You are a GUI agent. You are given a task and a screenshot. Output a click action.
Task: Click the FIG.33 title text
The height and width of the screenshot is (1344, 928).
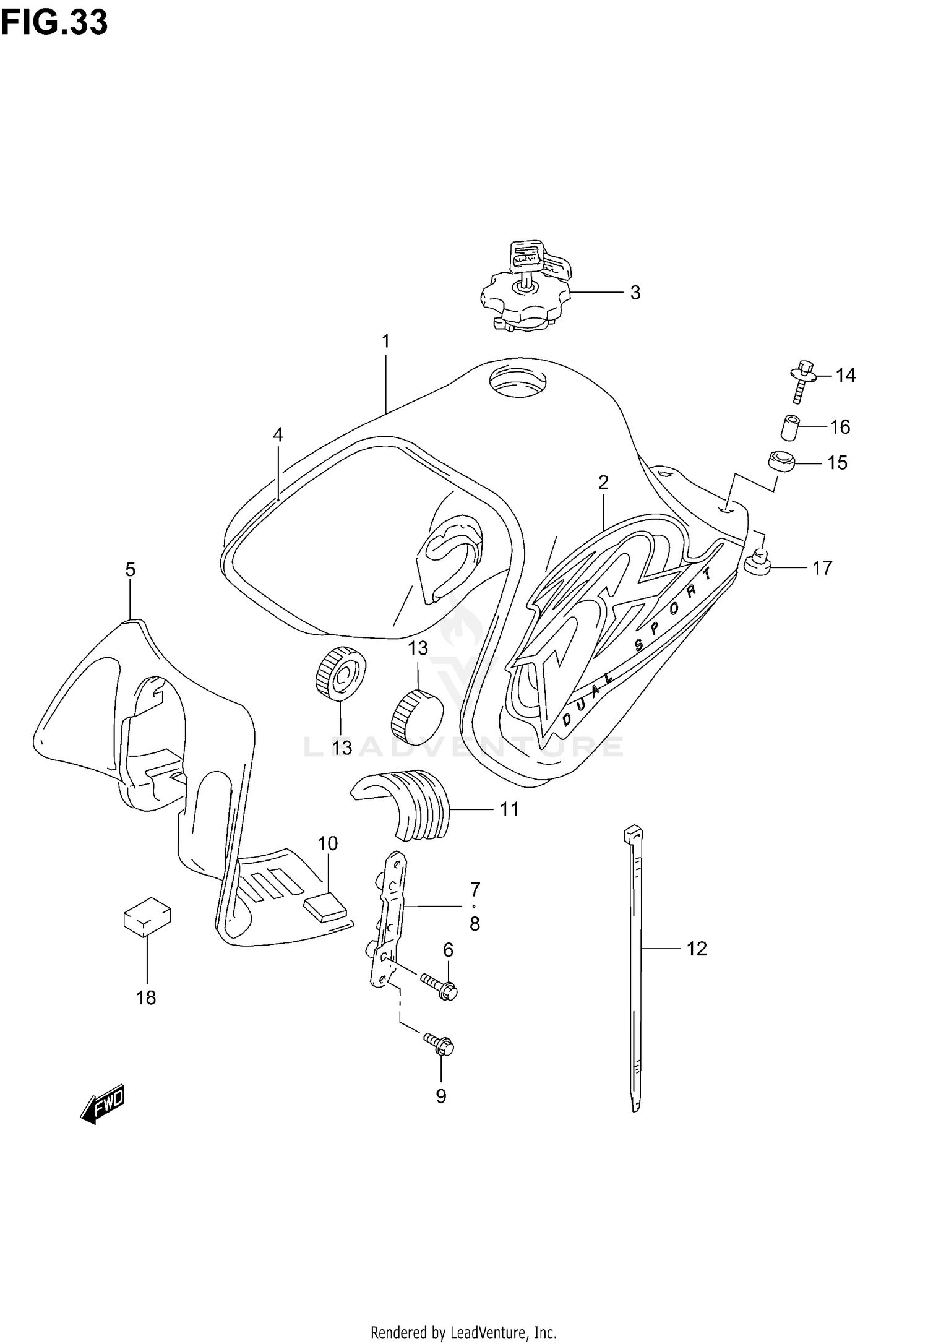pyautogui.click(x=54, y=23)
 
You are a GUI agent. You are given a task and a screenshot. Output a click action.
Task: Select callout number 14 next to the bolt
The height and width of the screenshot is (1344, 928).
pyautogui.click(x=845, y=375)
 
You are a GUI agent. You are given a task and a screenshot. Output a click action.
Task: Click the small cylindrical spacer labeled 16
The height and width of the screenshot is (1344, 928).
pyautogui.click(x=789, y=428)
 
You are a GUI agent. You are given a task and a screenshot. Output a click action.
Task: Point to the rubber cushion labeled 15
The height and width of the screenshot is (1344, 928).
pyautogui.click(x=781, y=462)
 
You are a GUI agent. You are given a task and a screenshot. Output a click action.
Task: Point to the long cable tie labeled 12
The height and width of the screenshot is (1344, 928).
pyautogui.click(x=635, y=965)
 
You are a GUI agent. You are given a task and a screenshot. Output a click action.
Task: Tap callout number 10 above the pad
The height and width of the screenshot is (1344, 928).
pyautogui.click(x=328, y=843)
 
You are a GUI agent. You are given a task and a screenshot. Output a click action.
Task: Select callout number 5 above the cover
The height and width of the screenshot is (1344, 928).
pyautogui.click(x=130, y=570)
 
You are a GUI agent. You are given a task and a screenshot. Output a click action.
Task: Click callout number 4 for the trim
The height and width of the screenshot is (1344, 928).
pyautogui.click(x=278, y=435)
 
